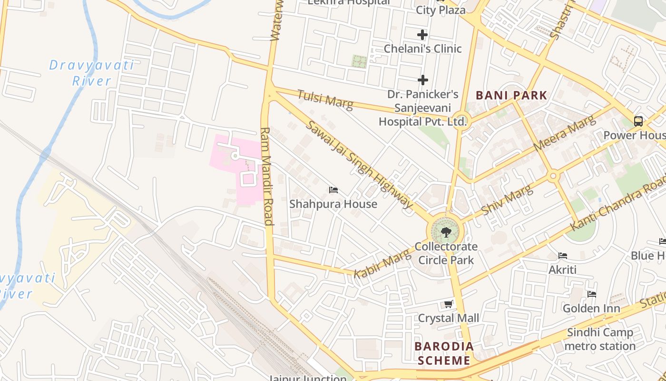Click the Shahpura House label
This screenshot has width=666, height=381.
[333, 204]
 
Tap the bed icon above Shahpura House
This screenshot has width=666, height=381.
[333, 190]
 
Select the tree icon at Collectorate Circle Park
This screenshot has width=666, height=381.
[446, 232]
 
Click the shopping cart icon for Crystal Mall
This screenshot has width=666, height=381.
[448, 304]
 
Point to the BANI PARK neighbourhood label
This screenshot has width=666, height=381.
[511, 95]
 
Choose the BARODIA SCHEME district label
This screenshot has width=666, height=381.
[444, 353]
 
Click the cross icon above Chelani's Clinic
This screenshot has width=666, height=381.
[422, 35]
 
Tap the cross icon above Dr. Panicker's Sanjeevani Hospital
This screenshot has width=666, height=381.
[422, 80]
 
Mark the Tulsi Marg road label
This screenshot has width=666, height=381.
[325, 100]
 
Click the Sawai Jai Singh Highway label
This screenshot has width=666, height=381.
[359, 165]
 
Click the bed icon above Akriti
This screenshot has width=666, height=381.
[563, 256]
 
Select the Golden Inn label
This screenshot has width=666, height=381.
[591, 308]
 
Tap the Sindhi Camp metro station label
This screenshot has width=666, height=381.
[600, 339]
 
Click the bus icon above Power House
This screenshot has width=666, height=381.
[638, 121]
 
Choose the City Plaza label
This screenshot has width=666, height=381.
[441, 10]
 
